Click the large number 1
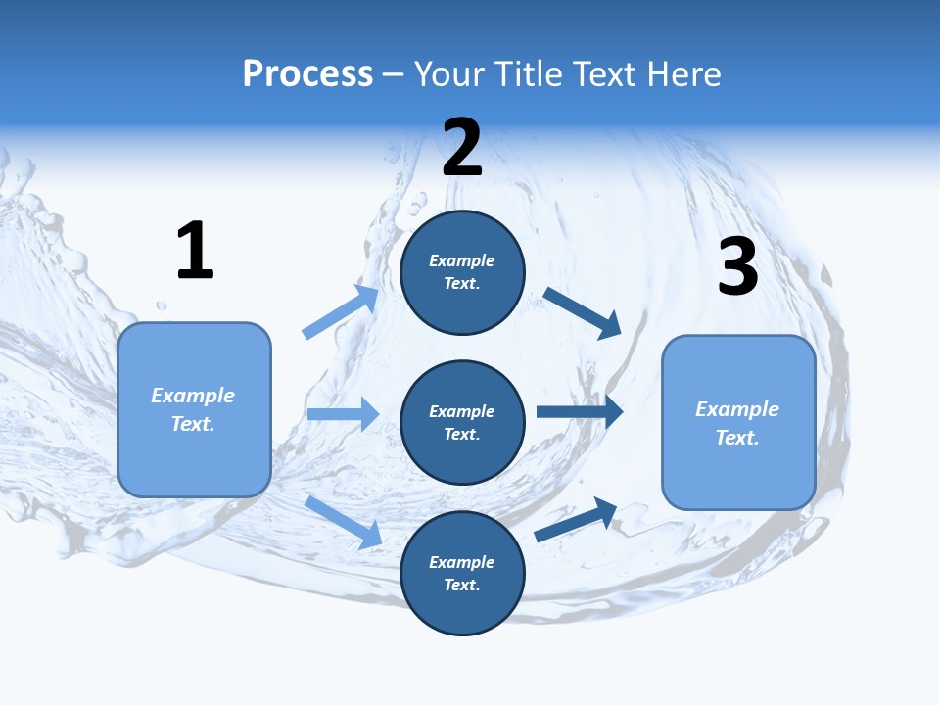[x=195, y=251]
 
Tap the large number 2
[x=462, y=147]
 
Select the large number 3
[x=737, y=266]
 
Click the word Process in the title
[x=307, y=74]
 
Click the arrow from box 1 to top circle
[x=341, y=312]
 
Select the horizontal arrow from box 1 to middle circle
[x=343, y=414]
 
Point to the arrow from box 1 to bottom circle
[x=344, y=522]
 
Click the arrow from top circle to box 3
[x=583, y=312]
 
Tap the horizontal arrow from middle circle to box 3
[x=580, y=411]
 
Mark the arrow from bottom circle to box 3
[x=577, y=520]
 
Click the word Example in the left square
[x=193, y=396]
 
